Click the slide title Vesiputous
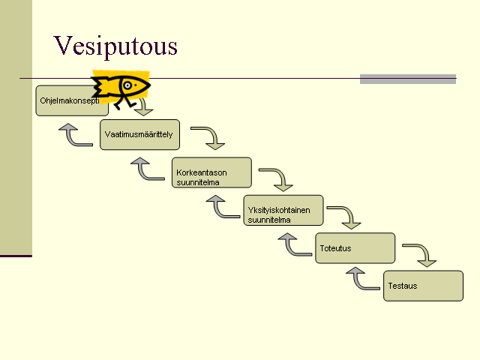coord(115,46)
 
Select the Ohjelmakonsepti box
coord(72,100)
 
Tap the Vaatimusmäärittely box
coord(140,135)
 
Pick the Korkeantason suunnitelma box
coord(211,172)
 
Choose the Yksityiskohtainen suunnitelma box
coord(283,210)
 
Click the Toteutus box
coord(355,248)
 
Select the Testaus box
coord(423,286)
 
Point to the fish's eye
coord(127,85)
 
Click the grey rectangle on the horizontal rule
coord(408,79)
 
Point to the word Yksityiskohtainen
coord(279,210)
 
